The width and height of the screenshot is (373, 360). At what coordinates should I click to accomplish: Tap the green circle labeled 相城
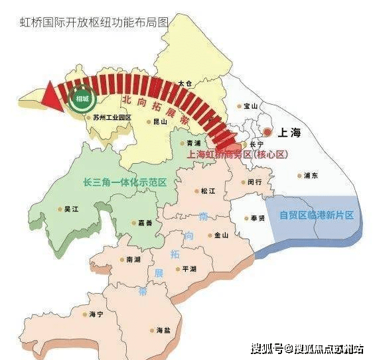[x=83, y=99]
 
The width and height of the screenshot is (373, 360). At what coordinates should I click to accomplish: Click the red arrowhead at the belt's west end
[x=51, y=95]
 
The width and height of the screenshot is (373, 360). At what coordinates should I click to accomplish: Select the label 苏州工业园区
[x=112, y=117]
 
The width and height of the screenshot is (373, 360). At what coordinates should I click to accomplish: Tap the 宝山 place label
[x=250, y=105]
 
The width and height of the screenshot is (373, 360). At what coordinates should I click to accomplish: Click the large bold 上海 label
[x=287, y=133]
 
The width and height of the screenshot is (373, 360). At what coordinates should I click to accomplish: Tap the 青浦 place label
[x=193, y=143]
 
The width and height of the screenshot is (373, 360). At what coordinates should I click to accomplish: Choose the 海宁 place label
[x=97, y=314]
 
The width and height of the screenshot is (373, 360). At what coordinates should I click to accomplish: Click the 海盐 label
[x=163, y=330]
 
